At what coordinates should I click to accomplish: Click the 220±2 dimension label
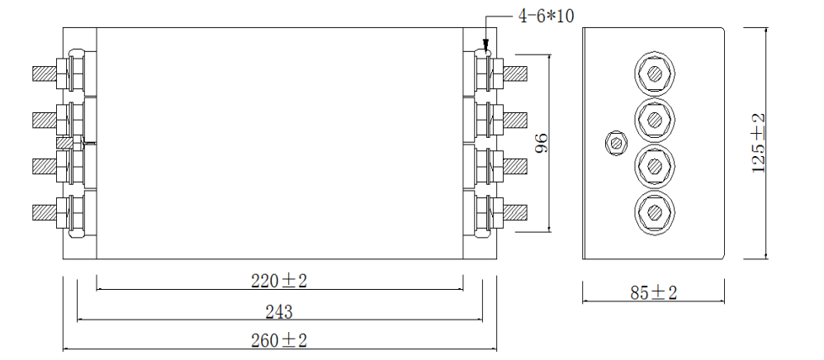pos(279,281)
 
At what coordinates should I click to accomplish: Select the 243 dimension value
pos(279,311)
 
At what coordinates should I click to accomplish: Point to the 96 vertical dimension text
pos(542,144)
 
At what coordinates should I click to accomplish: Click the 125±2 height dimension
pos(759,143)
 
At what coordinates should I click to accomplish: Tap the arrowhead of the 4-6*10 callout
pos(485,49)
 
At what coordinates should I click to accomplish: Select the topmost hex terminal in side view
pos(655,74)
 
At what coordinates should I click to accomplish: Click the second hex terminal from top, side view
pos(655,121)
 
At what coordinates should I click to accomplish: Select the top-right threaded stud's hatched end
pos(515,73)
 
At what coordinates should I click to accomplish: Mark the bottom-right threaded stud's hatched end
pos(515,213)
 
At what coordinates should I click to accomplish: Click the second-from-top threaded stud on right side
pos(515,120)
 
